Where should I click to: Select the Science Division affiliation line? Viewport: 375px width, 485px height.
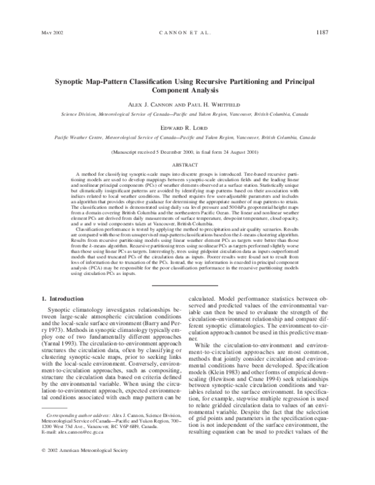(x=187, y=115)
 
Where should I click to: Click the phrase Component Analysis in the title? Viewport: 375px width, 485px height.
(x=187, y=90)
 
